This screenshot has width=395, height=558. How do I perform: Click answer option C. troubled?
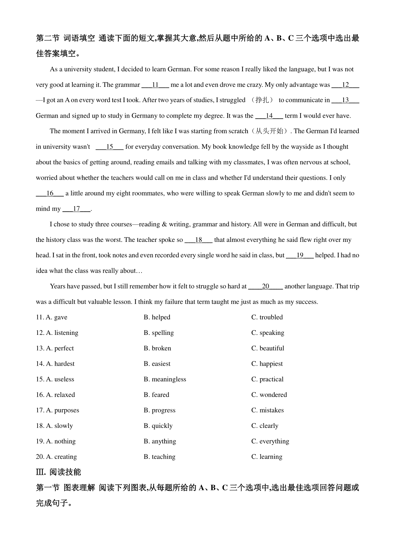click(x=267, y=317)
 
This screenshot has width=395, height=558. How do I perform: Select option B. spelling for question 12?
click(x=159, y=333)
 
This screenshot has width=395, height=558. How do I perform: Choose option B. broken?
click(x=157, y=348)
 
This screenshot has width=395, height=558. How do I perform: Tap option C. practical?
click(x=267, y=379)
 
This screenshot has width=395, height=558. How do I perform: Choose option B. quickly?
click(x=158, y=426)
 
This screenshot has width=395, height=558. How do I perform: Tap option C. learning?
click(x=267, y=457)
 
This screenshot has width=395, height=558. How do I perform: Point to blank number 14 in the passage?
click(x=269, y=116)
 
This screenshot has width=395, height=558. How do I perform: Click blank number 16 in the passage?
click(x=50, y=194)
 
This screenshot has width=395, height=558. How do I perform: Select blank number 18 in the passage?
click(x=198, y=240)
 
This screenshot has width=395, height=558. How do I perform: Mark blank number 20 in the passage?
click(x=265, y=287)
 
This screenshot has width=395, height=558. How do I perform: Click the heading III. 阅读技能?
click(x=58, y=472)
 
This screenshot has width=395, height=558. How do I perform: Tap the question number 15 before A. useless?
click(x=40, y=379)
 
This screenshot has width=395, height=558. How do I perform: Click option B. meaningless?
click(x=165, y=379)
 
